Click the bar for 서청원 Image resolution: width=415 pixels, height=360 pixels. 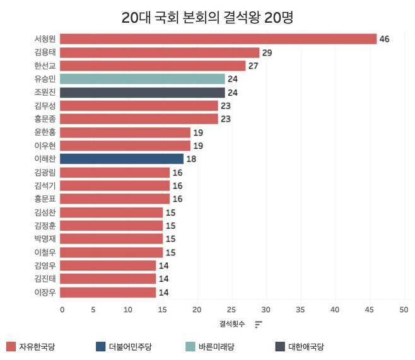pyautogui.click(x=218, y=39)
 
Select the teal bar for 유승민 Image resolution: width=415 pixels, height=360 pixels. pyautogui.click(x=143, y=79)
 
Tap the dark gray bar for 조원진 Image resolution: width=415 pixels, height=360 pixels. pyautogui.click(x=143, y=93)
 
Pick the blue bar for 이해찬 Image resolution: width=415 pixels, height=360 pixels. pyautogui.click(x=122, y=159)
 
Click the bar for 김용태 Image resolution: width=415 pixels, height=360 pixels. pyautogui.click(x=160, y=53)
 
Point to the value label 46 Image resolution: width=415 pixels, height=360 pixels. pyautogui.click(x=384, y=39)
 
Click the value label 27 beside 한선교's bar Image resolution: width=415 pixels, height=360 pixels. pyautogui.click(x=254, y=66)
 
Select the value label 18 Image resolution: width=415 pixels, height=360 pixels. pyautogui.click(x=191, y=159)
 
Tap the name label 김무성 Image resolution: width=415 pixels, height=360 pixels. pyautogui.click(x=45, y=106)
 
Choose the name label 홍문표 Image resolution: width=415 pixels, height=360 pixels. pyautogui.click(x=45, y=199)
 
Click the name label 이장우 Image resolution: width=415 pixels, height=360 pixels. pyautogui.click(x=45, y=292)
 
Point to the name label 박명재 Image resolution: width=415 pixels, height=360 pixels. pyautogui.click(x=45, y=239)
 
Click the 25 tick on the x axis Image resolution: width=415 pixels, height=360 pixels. pyautogui.click(x=231, y=310)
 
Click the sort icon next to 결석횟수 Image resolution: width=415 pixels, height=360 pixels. pyautogui.click(x=259, y=324)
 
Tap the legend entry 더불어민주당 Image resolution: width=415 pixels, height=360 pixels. pyautogui.click(x=130, y=346)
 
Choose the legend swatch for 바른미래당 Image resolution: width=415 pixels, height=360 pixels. pyautogui.click(x=190, y=346)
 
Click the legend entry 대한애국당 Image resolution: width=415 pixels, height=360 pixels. pyautogui.click(x=305, y=346)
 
